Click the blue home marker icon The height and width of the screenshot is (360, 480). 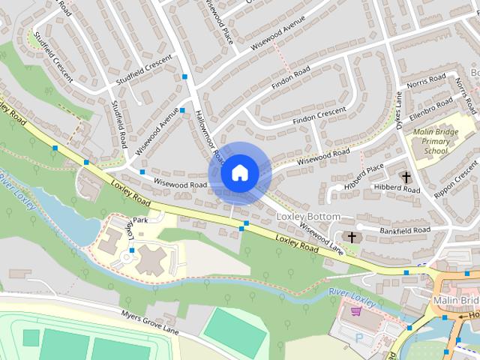[x=239, y=172]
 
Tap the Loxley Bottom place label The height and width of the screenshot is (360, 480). [x=308, y=217]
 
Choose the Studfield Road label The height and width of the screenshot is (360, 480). [x=118, y=124]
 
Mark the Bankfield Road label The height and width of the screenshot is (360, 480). [x=405, y=229]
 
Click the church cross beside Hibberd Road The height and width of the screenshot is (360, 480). [x=406, y=178]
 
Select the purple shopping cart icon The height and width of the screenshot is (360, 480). [x=356, y=310]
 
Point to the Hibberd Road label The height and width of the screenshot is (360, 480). [x=400, y=190]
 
